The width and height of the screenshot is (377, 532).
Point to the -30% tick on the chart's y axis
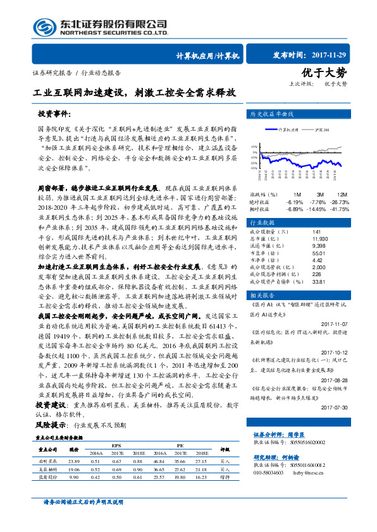pyautogui.click(x=254, y=169)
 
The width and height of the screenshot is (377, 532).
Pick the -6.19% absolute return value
pyautogui.click(x=295, y=201)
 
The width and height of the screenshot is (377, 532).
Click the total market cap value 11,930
pyautogui.click(x=320, y=239)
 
